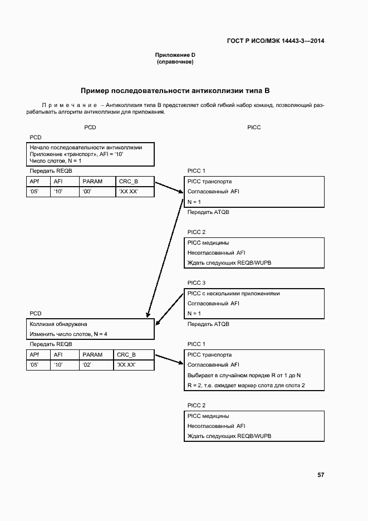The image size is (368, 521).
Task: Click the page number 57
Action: click(321, 475)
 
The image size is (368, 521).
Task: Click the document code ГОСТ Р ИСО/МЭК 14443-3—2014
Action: click(276, 41)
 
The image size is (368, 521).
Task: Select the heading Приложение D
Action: click(175, 55)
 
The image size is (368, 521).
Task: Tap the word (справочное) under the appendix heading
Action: click(175, 62)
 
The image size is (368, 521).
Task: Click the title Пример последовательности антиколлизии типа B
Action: click(175, 90)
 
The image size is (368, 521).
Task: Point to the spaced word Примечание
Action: click(66, 105)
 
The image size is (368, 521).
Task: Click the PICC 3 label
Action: click(197, 283)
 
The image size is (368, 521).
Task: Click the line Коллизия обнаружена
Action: click(58, 324)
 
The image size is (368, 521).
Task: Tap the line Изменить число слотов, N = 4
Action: click(68, 334)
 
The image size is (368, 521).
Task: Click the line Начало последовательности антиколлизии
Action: click(86, 148)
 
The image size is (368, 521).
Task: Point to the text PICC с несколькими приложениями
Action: click(233, 293)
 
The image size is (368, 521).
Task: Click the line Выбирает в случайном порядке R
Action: click(244, 375)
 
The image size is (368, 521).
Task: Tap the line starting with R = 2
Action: click(246, 386)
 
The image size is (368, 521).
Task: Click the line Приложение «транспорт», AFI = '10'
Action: click(76, 154)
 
